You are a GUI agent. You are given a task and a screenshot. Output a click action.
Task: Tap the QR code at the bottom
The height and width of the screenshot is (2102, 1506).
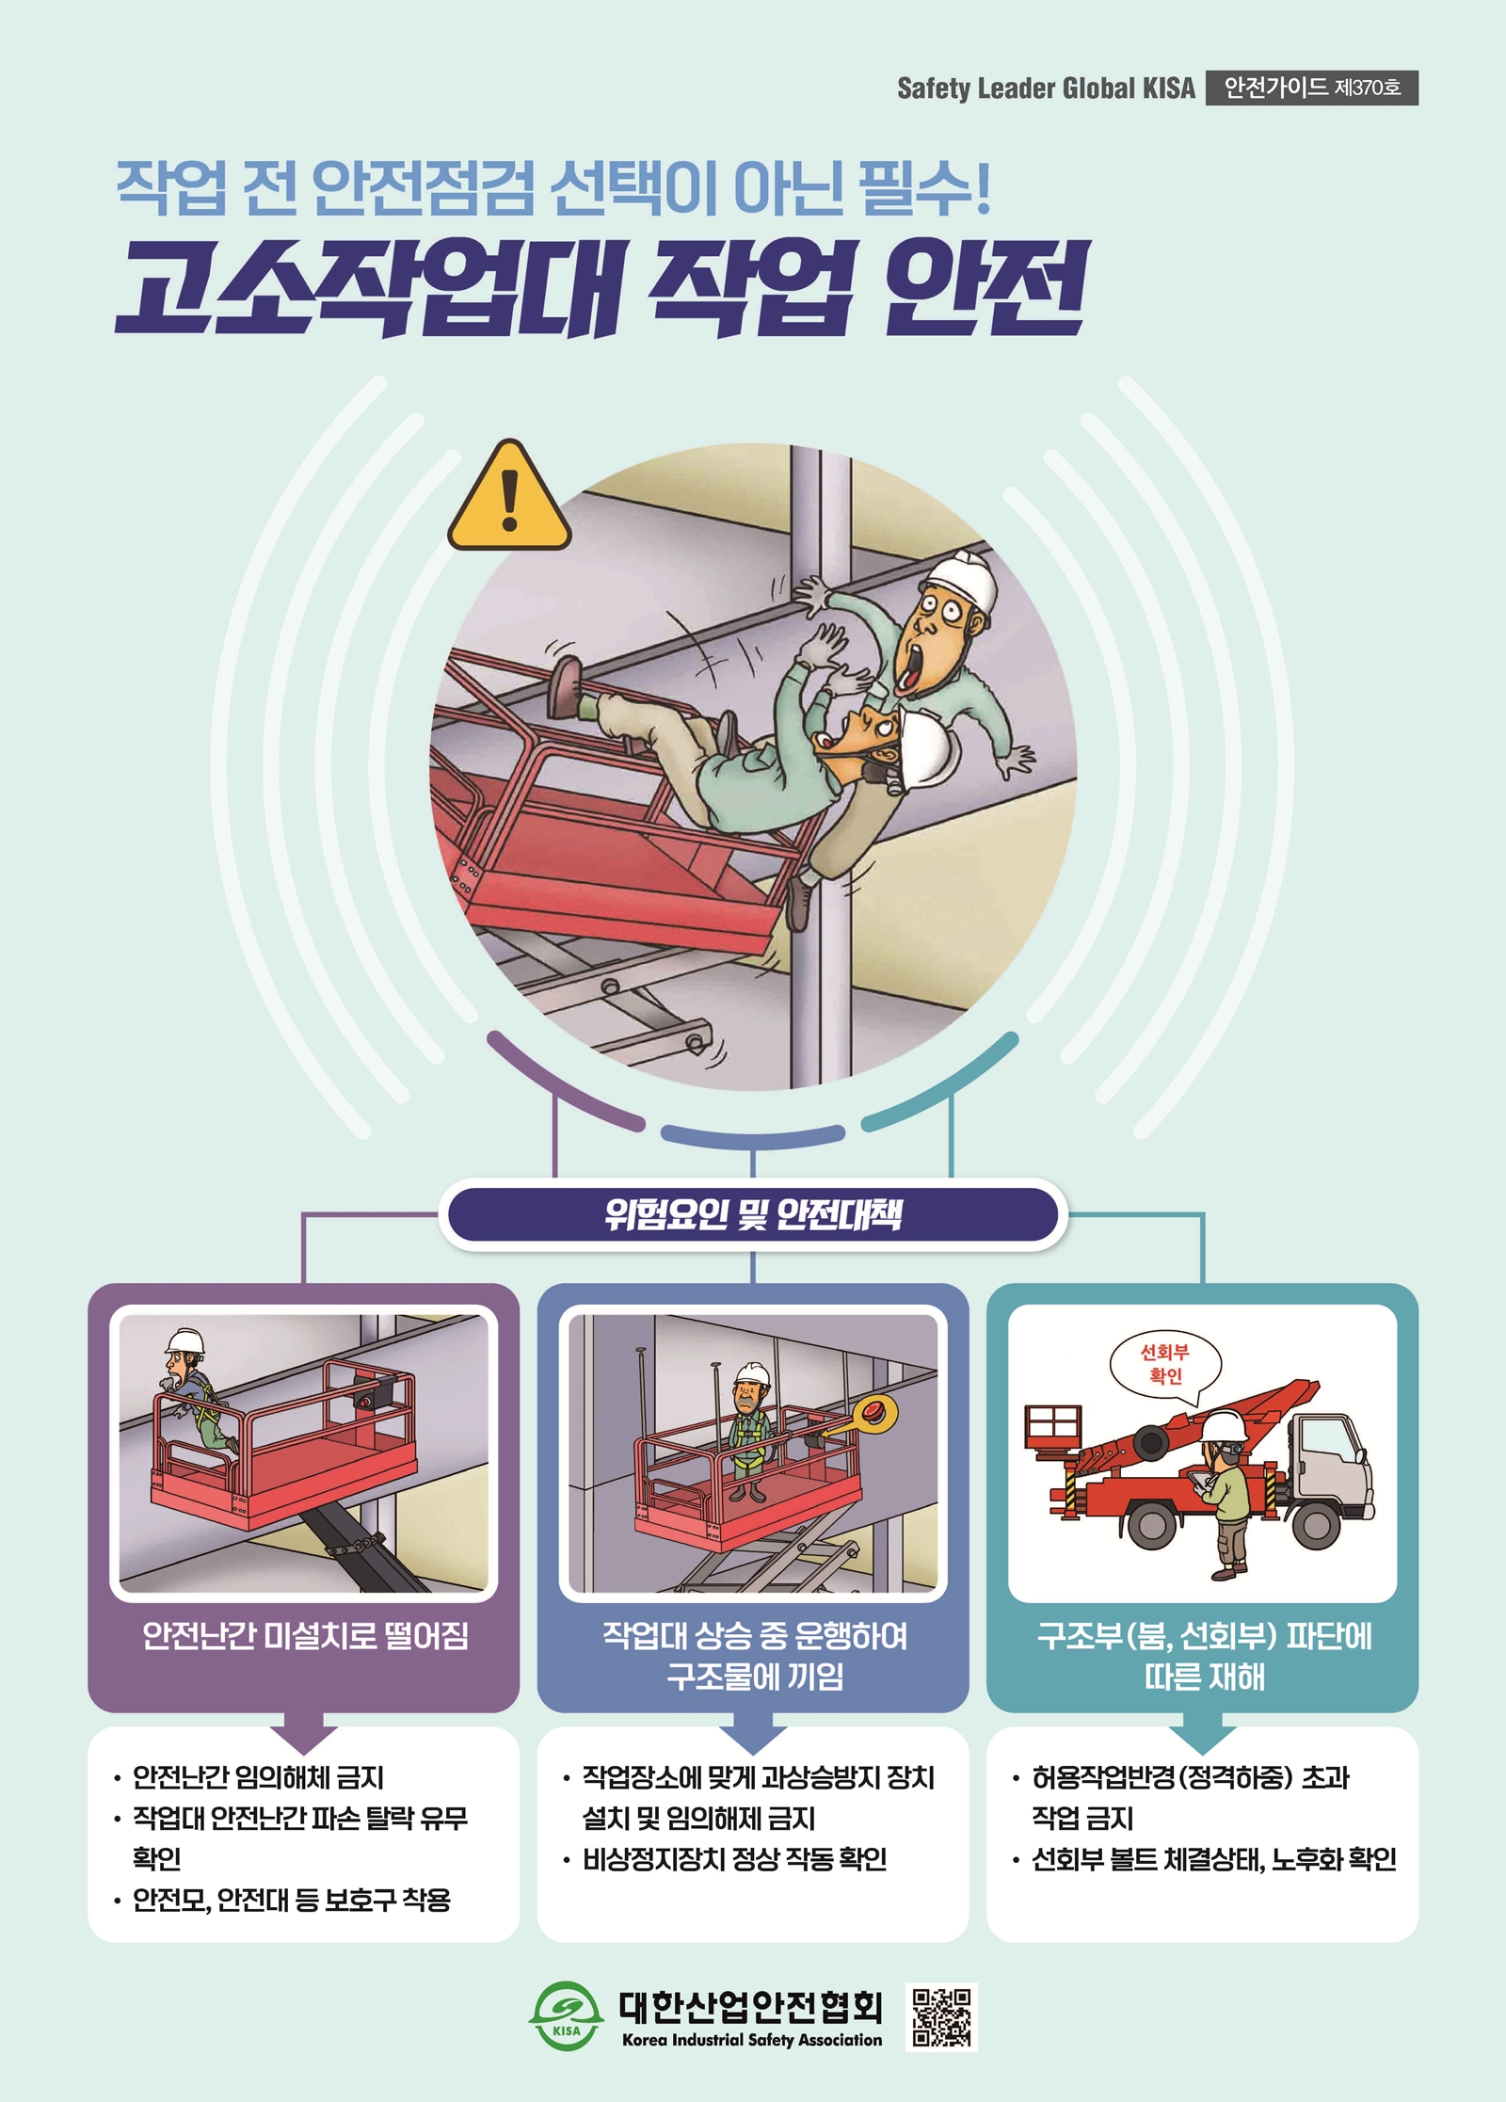pyautogui.click(x=941, y=2016)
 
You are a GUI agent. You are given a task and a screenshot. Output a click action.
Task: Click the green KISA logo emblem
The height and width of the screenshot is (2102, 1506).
pyautogui.click(x=566, y=2016)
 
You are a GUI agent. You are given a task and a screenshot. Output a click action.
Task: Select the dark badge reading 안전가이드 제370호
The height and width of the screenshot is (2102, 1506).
pyautogui.click(x=1312, y=88)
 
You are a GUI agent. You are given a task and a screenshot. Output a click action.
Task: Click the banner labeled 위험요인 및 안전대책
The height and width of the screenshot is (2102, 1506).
pyautogui.click(x=753, y=1214)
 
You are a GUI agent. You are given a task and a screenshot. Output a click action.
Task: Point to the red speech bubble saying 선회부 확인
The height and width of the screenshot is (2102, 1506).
pyautogui.click(x=1165, y=1365)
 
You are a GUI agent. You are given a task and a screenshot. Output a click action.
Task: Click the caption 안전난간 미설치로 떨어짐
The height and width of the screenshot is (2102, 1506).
pyautogui.click(x=305, y=1636)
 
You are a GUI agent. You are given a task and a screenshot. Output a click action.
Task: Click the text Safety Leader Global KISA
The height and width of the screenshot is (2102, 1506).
pyautogui.click(x=1046, y=88)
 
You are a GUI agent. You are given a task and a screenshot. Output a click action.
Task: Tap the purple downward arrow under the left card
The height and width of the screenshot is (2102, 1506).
pyautogui.click(x=303, y=1730)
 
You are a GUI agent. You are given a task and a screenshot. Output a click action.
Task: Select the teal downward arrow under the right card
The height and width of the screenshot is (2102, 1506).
pyautogui.click(x=1202, y=1730)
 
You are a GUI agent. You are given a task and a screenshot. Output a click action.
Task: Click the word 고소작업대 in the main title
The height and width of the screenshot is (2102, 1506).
pyautogui.click(x=369, y=287)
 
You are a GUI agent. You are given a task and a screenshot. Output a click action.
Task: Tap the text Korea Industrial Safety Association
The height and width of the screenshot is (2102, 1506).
pyautogui.click(x=752, y=2040)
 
